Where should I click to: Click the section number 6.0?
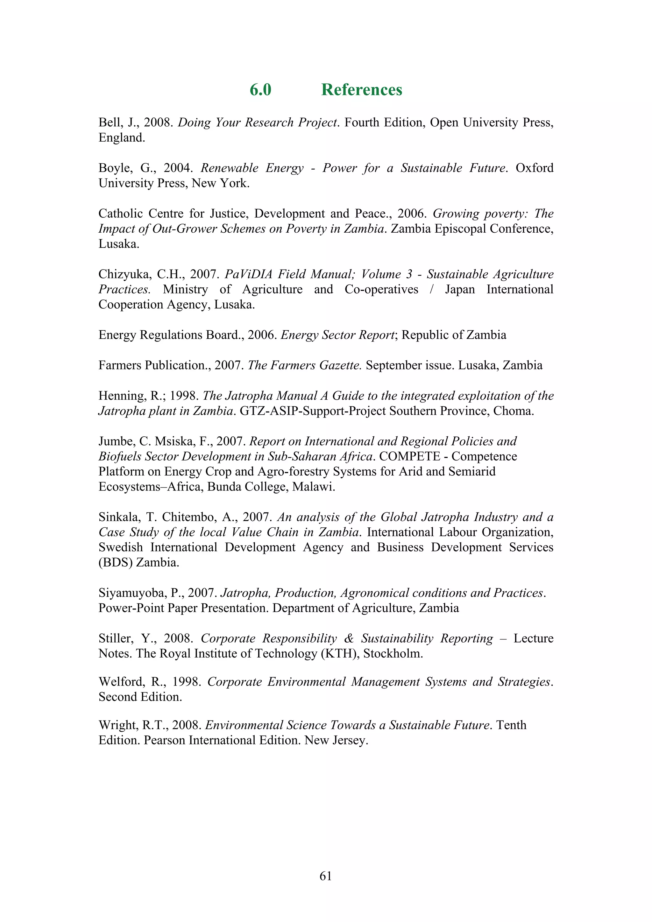260,89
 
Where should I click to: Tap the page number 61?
325,876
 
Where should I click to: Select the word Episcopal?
461,229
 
